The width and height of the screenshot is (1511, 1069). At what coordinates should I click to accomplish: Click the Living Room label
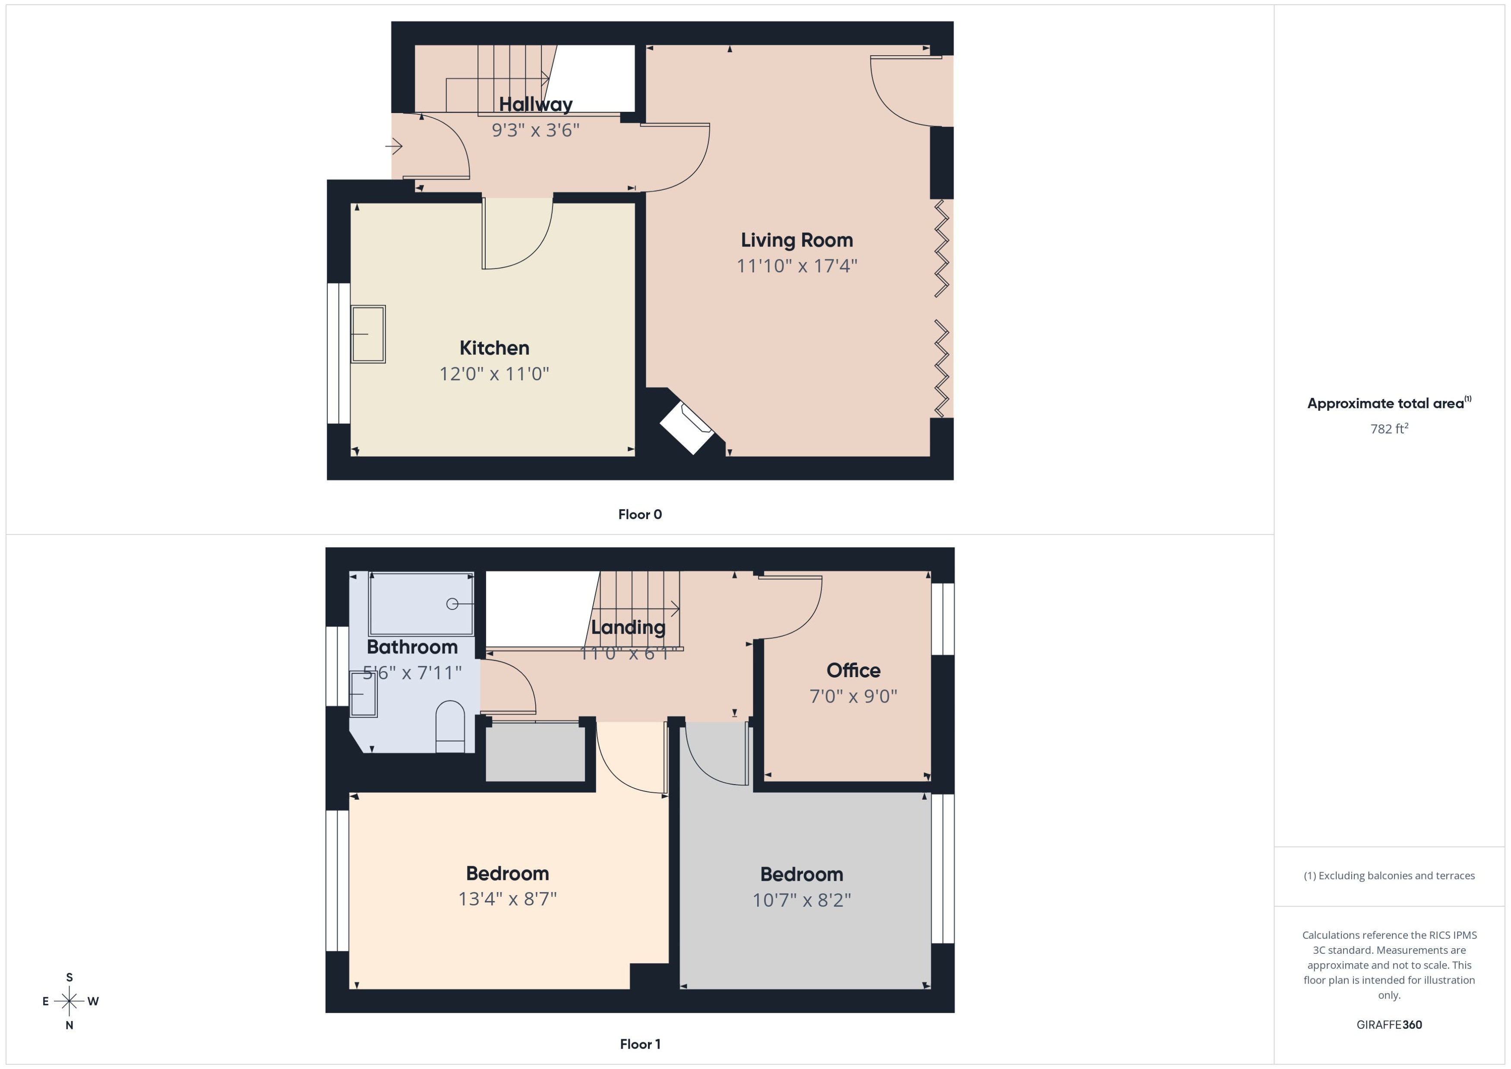click(x=796, y=240)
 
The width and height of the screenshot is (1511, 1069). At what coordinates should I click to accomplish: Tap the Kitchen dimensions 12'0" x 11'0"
click(x=494, y=374)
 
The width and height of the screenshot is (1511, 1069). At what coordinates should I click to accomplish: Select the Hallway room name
click(x=535, y=104)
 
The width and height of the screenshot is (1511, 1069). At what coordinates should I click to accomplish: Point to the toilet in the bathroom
click(x=450, y=727)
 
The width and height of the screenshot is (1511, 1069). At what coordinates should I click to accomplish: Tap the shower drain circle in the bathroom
click(x=452, y=604)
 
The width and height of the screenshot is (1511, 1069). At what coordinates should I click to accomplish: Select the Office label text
click(x=853, y=670)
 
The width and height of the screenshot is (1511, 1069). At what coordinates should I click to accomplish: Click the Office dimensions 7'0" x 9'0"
click(x=853, y=697)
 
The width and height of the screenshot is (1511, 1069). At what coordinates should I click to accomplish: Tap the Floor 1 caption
click(x=639, y=1044)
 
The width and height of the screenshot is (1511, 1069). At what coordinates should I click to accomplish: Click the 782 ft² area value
click(x=1388, y=429)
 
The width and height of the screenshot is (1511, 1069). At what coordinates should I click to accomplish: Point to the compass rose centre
click(x=69, y=1001)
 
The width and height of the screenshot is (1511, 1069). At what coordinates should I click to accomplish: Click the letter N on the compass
click(x=69, y=1025)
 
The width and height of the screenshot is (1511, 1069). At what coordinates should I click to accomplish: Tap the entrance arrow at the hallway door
click(x=394, y=145)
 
